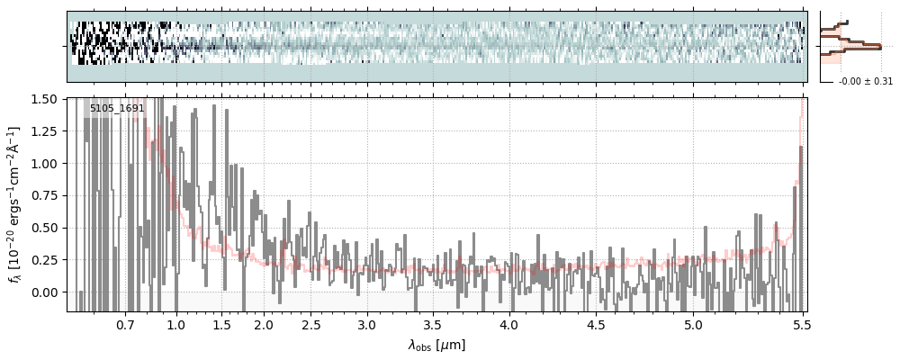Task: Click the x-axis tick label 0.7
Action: click(125, 323)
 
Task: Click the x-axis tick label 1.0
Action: click(176, 323)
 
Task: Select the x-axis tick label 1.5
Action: click(221, 323)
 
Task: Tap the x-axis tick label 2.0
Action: click(264, 323)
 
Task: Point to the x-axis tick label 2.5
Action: click(310, 323)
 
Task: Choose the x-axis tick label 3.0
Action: click(366, 323)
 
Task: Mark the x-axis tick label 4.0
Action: click(509, 323)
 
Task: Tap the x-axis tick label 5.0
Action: click(693, 323)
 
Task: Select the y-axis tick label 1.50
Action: click(43, 99)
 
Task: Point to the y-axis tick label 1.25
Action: click(43, 131)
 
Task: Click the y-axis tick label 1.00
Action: click(43, 164)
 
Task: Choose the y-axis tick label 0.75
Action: click(43, 195)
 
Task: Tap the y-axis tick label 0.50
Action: click(43, 228)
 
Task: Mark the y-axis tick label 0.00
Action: click(43, 292)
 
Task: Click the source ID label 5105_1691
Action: click(117, 108)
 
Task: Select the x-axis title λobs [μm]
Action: click(436, 345)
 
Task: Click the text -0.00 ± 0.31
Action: click(865, 82)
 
